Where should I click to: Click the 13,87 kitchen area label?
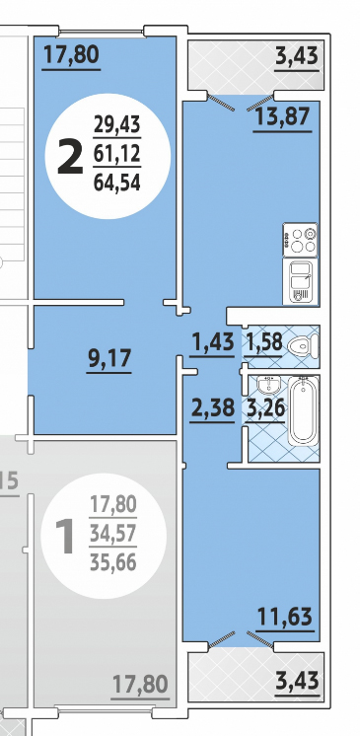pyautogui.click(x=282, y=116)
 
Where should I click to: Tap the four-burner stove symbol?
pyautogui.click(x=300, y=240)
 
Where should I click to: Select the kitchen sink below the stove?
pyautogui.click(x=300, y=281)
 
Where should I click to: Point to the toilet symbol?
pyautogui.click(x=302, y=347)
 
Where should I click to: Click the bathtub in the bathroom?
pyautogui.click(x=303, y=410)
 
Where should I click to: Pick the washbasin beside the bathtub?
pyautogui.click(x=268, y=385)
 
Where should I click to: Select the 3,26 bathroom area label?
pyautogui.click(x=264, y=407)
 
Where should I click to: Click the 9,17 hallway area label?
pyautogui.click(x=108, y=358)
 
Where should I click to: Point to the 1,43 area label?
pyautogui.click(x=212, y=341)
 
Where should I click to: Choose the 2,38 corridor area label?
pyautogui.click(x=212, y=407)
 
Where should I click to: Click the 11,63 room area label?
pyautogui.click(x=284, y=617)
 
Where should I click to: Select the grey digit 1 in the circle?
pyautogui.click(x=65, y=537)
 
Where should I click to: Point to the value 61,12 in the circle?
pyautogui.click(x=116, y=153)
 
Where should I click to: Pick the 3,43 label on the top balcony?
pyautogui.click(x=297, y=56)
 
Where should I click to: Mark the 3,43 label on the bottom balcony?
pyautogui.click(x=297, y=680)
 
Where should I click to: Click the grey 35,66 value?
pyautogui.click(x=113, y=561)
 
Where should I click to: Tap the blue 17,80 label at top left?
pyautogui.click(x=71, y=54)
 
